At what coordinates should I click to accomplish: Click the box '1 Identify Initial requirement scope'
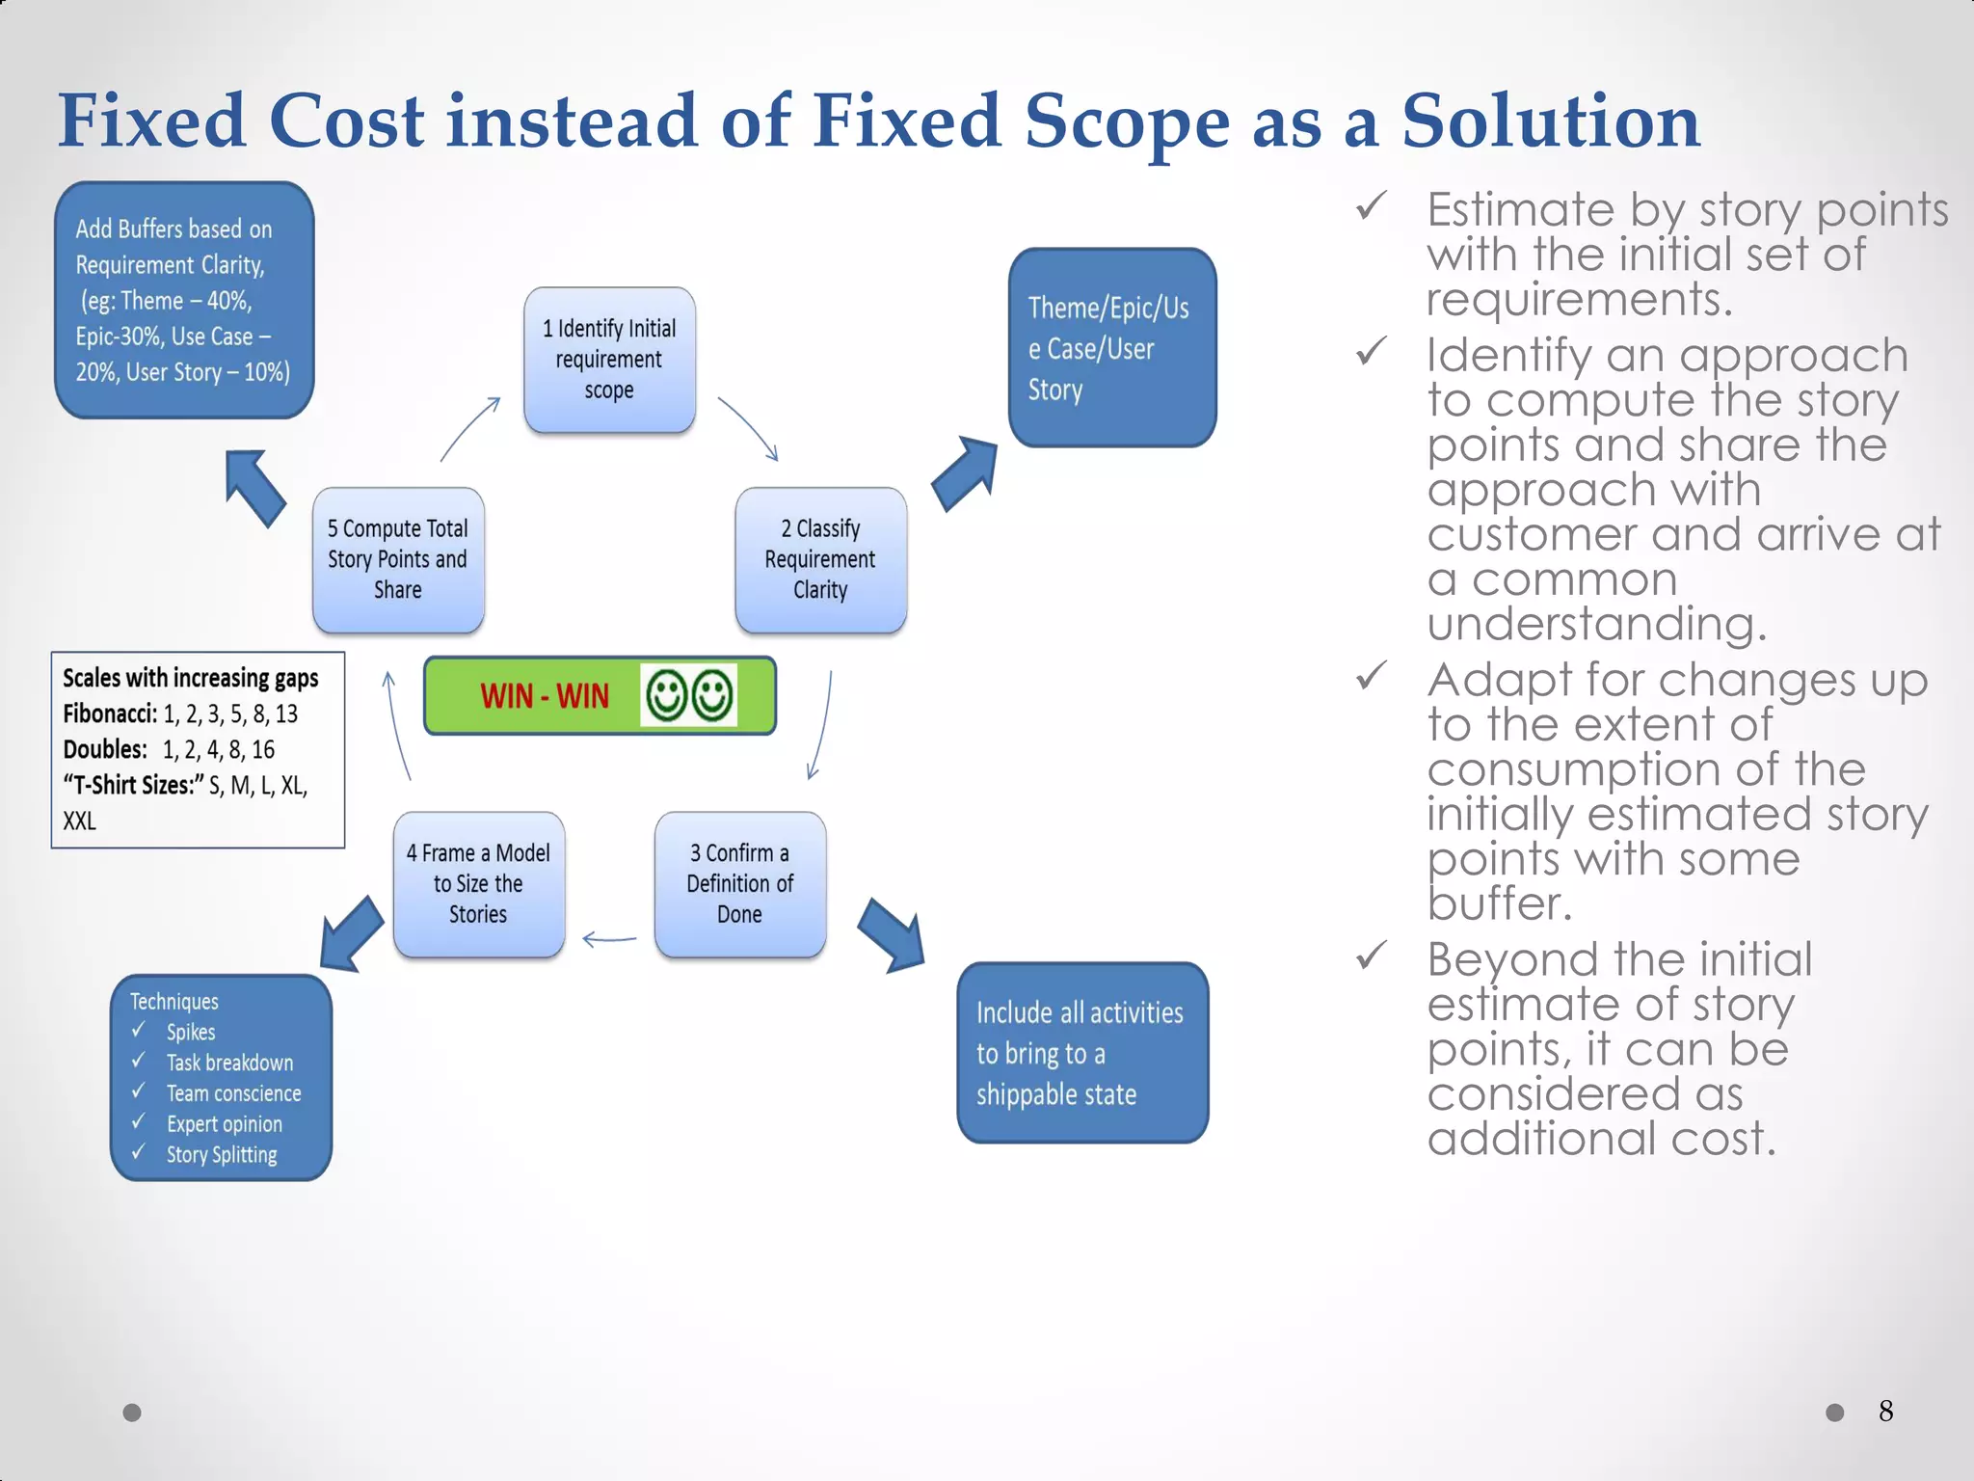[609, 360]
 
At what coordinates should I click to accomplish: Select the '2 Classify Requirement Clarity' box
[820, 559]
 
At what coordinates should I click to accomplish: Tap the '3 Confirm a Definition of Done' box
[739, 883]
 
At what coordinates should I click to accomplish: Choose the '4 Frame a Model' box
[478, 883]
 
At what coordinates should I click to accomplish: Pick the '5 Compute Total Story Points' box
[397, 559]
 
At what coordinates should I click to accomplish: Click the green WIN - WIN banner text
[545, 695]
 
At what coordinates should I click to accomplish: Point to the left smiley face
[666, 695]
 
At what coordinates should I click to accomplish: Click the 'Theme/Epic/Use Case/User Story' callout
[1111, 348]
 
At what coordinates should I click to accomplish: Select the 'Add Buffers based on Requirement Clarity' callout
[183, 300]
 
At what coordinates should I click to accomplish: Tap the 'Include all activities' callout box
[1081, 1053]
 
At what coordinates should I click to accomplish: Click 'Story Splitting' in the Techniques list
[222, 1154]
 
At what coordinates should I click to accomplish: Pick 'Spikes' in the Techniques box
[191, 1032]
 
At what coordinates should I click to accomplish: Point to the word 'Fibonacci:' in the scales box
[110, 714]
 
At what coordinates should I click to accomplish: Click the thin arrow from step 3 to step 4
[609, 938]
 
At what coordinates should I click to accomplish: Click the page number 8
[1885, 1412]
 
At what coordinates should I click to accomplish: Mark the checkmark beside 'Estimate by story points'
[1371, 205]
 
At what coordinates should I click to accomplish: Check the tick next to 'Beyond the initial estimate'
[1371, 956]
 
